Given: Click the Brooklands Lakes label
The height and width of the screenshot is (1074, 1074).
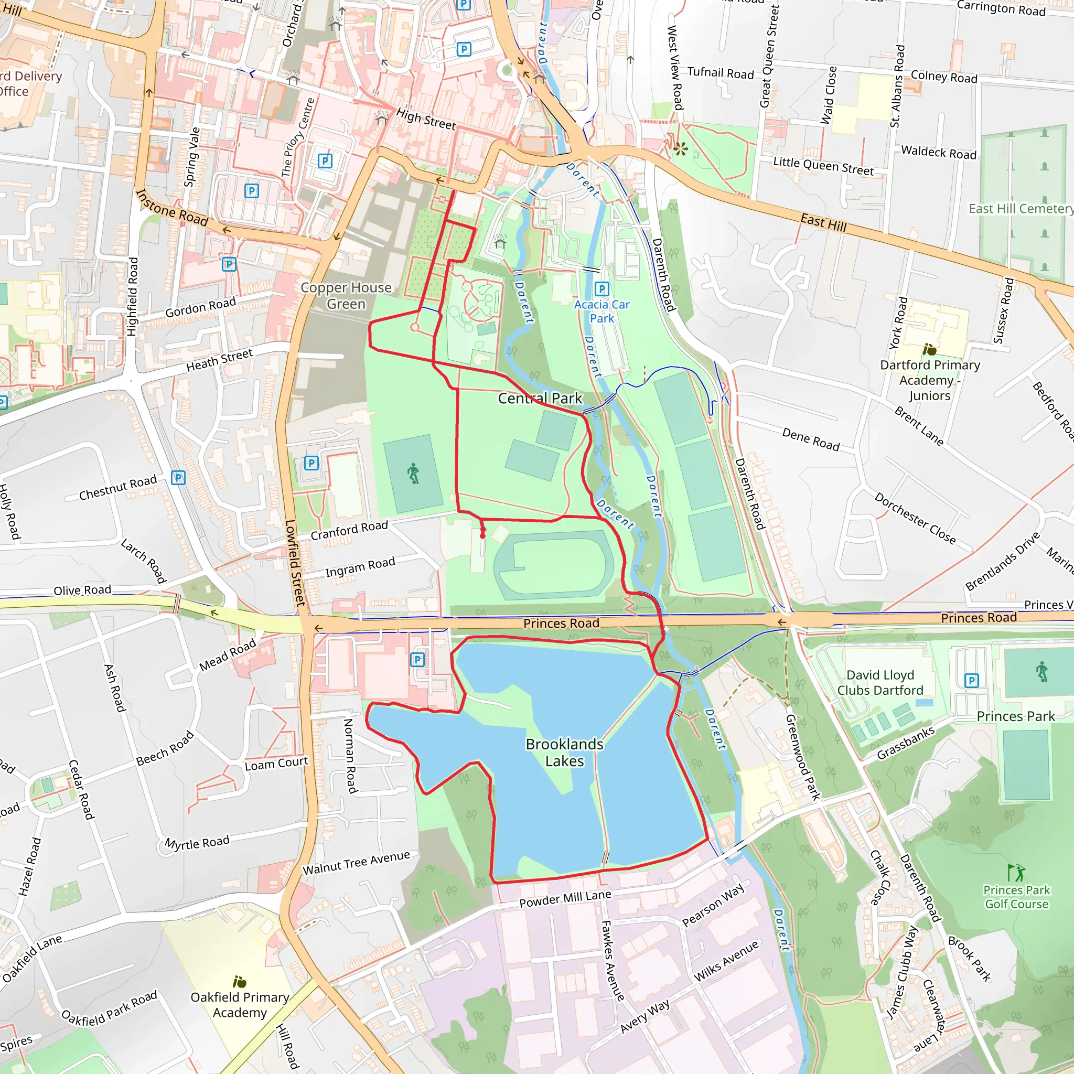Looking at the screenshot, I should pos(564,752).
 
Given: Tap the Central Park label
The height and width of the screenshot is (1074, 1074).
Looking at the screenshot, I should pos(540,398).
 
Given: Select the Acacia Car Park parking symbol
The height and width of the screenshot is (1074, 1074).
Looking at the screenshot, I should pos(602,288).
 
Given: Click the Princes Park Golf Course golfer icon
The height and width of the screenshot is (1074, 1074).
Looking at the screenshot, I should pos(1016,872).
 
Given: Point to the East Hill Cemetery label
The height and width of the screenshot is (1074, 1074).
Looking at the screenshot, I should pos(1020,209).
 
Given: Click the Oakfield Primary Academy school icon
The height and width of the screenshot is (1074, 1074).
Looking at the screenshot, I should pos(240,982).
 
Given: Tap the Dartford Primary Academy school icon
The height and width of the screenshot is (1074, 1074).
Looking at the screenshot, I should pos(929,349).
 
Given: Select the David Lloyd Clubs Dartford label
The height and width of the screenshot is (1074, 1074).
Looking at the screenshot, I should pos(880,682).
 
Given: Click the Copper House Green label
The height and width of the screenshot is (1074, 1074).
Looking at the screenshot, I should pos(346,295).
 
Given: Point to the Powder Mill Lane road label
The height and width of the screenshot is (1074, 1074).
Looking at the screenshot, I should pos(565,898).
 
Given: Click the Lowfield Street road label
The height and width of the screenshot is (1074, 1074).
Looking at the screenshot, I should pos(295,562).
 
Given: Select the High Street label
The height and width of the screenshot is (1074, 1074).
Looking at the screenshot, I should pos(426,119).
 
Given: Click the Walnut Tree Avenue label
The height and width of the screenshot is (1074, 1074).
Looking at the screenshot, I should pos(356,863).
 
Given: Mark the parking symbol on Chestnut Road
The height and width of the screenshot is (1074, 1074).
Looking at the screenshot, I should pos(178,478).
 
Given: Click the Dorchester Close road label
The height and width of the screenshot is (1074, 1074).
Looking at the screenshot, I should pos(915,518).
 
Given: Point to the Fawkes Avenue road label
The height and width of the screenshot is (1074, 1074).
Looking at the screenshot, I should pos(613,961).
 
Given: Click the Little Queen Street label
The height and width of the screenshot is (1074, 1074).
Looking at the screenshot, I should pos(823,166).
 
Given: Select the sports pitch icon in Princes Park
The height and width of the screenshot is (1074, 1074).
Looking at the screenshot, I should pos(1042,672).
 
